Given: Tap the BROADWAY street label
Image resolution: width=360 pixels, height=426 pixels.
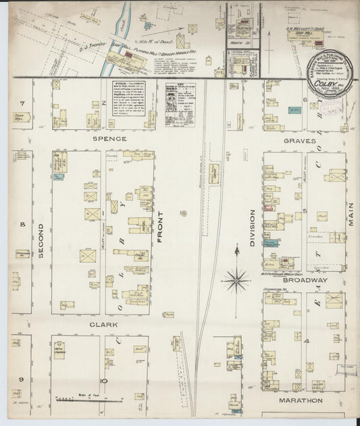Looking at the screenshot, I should pyautogui.click(x=305, y=279).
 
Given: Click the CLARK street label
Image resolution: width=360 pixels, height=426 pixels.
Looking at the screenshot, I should pyautogui.click(x=103, y=324).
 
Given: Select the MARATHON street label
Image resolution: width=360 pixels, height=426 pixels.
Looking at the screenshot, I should pyautogui.click(x=301, y=400).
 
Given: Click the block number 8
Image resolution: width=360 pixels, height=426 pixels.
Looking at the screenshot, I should pyautogui.click(x=22, y=224).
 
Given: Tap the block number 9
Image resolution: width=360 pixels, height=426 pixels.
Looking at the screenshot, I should pyautogui.click(x=21, y=379).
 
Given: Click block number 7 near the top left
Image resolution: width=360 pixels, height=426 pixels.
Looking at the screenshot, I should pyautogui.click(x=22, y=103).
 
